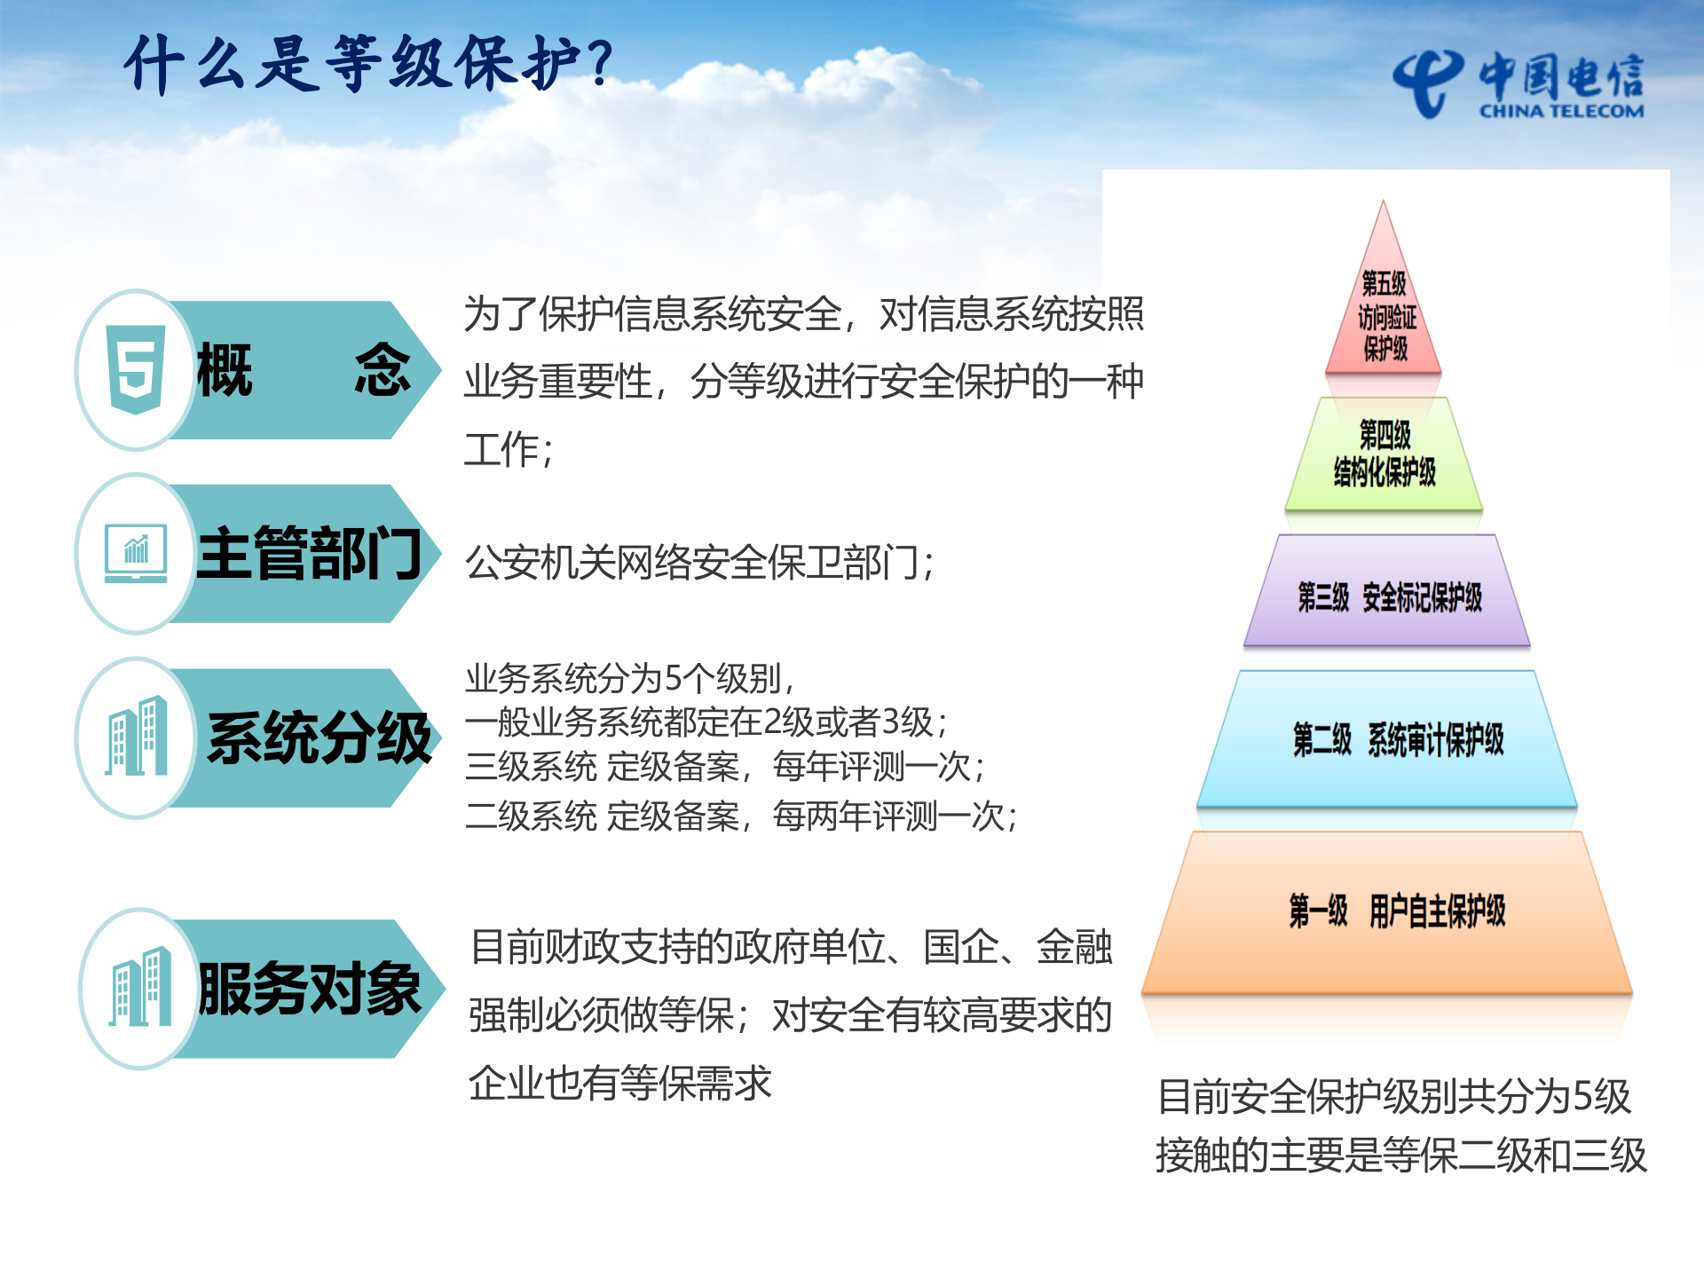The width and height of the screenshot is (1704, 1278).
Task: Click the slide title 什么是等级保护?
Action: click(368, 64)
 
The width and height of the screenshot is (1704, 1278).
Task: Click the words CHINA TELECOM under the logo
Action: click(1561, 112)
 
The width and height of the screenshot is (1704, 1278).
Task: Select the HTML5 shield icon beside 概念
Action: click(135, 368)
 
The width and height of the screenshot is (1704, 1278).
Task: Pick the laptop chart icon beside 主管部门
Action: click(136, 553)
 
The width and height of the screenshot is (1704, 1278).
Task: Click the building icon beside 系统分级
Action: click(137, 737)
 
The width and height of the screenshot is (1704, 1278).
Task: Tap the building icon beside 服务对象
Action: click(140, 988)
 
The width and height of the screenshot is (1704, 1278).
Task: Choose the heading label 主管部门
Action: click(309, 553)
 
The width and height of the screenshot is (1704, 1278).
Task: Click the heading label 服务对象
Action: click(309, 988)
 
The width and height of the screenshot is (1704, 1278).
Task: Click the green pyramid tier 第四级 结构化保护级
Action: click(1384, 454)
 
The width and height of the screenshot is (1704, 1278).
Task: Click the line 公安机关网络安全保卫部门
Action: click(699, 563)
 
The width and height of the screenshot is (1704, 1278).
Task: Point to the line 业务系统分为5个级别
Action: click(629, 678)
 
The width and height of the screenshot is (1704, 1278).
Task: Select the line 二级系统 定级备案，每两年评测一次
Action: click(741, 816)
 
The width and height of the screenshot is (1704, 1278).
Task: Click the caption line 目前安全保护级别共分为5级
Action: click(1394, 1097)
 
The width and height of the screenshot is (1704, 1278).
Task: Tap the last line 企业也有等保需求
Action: click(620, 1083)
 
